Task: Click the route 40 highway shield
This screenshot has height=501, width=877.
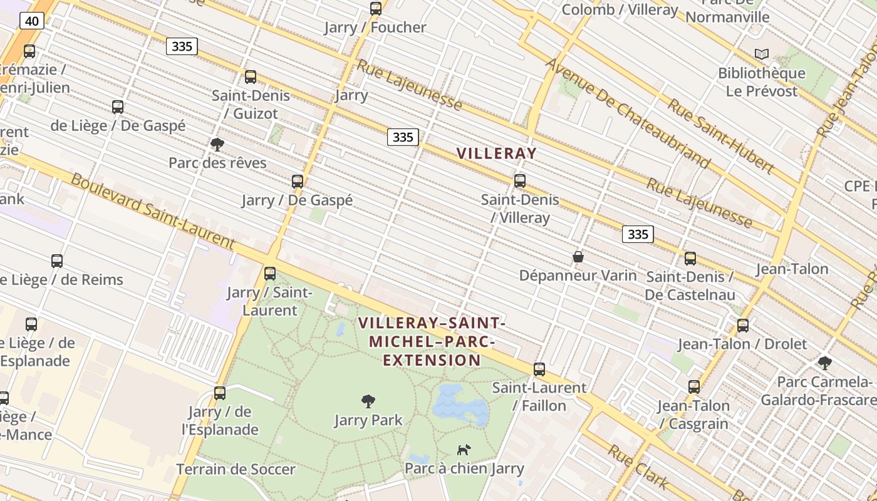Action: click(31, 21)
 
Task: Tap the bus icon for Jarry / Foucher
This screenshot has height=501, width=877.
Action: click(376, 9)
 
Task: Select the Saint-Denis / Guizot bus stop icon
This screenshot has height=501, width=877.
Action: click(251, 77)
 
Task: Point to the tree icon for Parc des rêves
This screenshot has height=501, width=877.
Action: click(217, 145)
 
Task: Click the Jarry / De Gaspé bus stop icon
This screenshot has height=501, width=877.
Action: click(298, 182)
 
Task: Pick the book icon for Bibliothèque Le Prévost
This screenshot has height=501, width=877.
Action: click(762, 54)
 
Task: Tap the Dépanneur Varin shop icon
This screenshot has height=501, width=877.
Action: click(578, 257)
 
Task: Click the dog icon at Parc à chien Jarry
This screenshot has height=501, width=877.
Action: click(464, 450)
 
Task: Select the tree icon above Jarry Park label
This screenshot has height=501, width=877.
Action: click(368, 401)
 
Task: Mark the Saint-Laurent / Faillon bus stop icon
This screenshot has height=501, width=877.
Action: click(539, 369)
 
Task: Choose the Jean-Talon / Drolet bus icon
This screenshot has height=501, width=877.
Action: click(743, 326)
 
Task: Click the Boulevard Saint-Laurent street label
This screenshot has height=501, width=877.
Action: click(153, 212)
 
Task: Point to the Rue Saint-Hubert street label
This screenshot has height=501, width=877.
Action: click(720, 135)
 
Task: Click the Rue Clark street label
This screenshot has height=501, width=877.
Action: click(637, 467)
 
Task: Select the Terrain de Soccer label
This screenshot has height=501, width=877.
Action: click(236, 469)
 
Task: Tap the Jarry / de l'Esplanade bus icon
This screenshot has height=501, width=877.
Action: click(220, 393)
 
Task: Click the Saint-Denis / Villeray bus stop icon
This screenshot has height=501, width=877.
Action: click(520, 181)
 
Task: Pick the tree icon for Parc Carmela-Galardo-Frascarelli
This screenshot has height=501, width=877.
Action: click(825, 363)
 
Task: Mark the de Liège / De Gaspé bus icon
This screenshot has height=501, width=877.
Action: click(118, 107)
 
